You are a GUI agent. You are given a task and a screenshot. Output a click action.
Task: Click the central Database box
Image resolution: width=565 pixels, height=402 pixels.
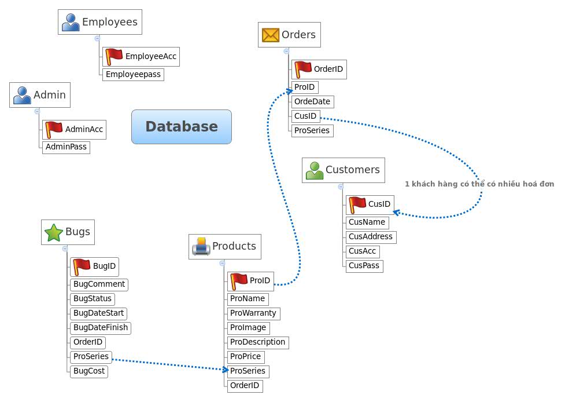[181, 127]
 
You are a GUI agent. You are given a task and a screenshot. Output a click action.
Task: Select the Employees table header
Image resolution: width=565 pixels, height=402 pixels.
[100, 22]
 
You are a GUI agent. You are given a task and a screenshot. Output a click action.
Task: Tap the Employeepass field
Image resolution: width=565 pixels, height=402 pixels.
[132, 75]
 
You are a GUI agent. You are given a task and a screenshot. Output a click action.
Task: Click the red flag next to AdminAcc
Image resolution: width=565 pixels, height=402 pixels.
[54, 129]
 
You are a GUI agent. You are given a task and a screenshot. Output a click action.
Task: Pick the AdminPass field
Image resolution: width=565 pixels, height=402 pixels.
[66, 147]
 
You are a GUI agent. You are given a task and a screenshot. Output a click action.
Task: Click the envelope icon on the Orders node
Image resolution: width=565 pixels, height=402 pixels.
[270, 35]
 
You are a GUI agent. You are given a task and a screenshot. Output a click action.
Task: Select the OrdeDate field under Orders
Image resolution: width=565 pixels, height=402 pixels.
[312, 102]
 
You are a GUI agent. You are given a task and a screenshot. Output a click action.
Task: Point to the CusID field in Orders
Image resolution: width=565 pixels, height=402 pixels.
[305, 116]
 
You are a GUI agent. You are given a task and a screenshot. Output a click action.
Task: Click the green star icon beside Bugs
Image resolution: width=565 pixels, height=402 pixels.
[53, 232]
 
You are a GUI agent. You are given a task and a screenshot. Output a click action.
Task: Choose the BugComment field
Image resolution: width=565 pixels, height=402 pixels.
[99, 284]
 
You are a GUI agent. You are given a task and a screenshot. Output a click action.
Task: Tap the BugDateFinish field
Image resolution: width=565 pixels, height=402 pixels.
[100, 328]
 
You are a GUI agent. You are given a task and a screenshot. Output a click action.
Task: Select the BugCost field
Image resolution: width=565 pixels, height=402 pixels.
[88, 371]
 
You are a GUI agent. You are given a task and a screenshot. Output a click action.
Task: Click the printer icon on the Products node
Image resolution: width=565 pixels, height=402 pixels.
[201, 247]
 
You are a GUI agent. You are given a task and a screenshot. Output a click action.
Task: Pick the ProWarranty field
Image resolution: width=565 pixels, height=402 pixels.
[253, 313]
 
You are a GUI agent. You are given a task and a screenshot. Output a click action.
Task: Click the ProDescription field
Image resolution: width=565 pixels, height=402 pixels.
[257, 342]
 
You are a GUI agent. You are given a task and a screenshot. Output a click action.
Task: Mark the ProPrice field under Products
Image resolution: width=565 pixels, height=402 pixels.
[245, 357]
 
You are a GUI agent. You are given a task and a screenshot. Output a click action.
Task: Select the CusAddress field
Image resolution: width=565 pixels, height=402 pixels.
[370, 237]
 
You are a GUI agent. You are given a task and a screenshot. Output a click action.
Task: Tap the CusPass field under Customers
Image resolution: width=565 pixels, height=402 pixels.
[364, 266]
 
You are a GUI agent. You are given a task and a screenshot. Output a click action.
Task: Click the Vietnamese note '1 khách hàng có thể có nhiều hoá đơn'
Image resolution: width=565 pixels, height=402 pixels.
[479, 184]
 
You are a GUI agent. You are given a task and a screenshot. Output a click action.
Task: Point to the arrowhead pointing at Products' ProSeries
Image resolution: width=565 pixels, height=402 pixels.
[225, 370]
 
